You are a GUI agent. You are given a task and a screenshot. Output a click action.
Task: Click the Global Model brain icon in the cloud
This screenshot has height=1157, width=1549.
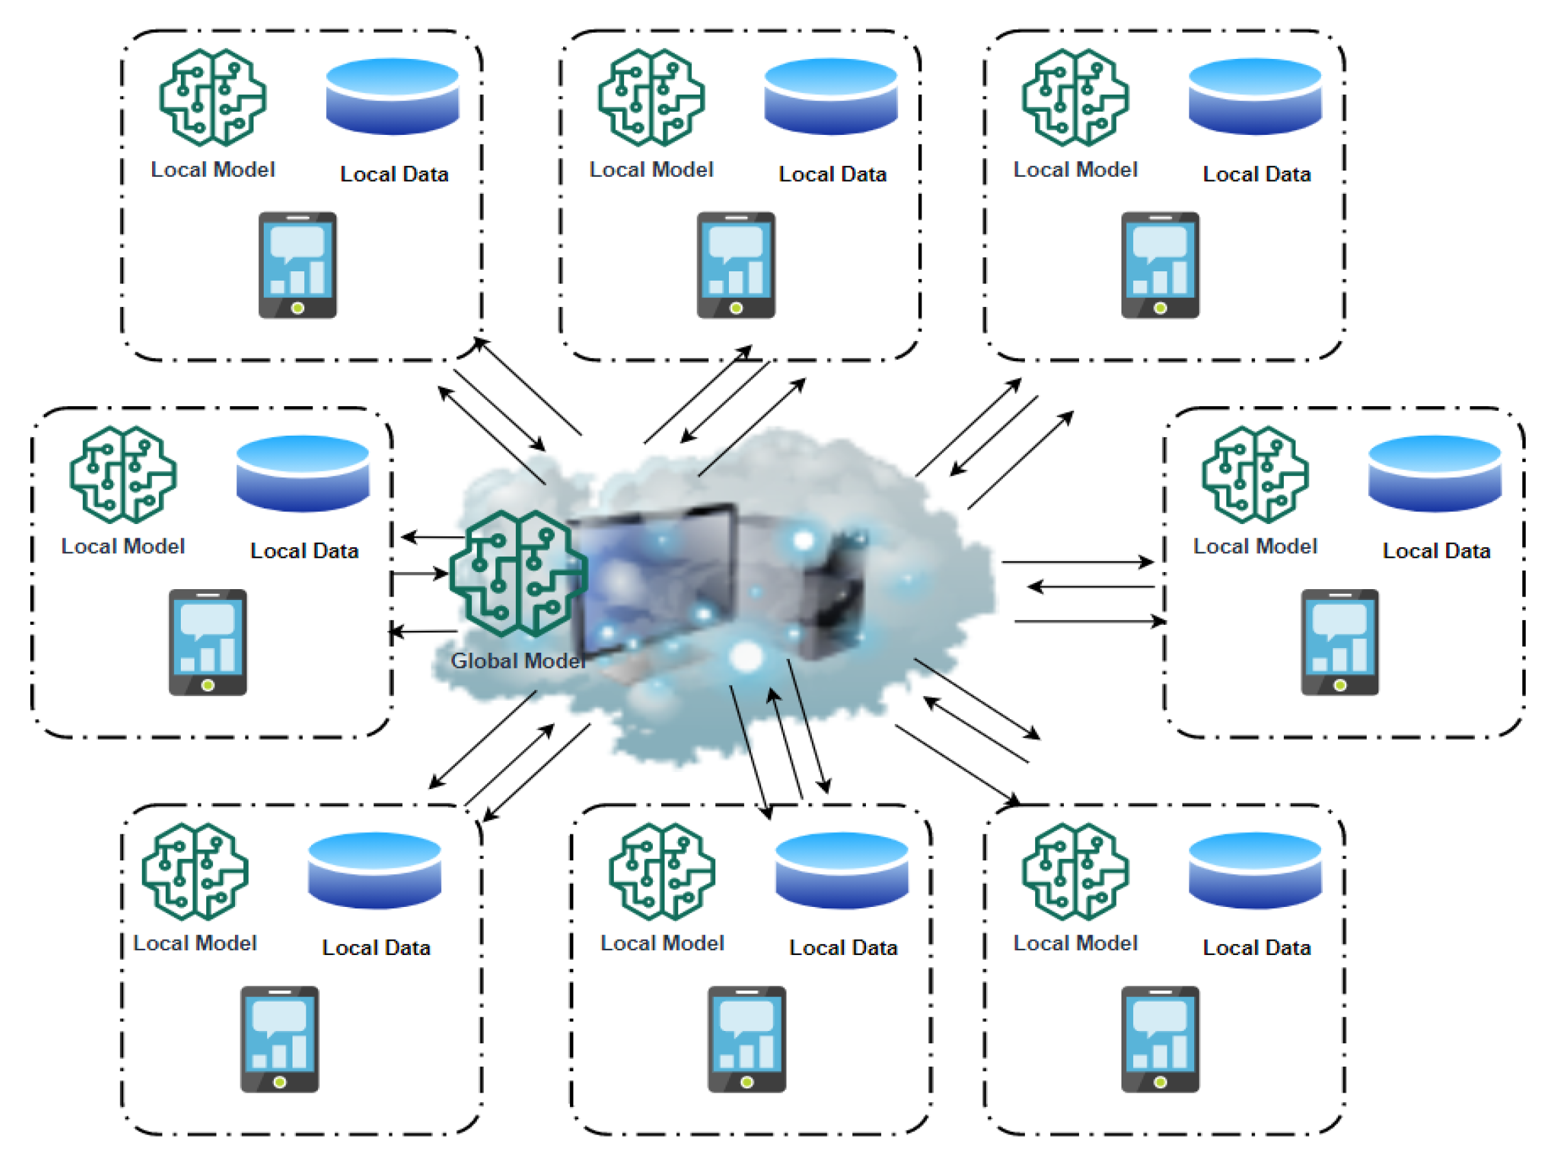click(518, 573)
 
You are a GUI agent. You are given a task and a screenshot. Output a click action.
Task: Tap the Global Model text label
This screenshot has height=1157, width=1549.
click(518, 660)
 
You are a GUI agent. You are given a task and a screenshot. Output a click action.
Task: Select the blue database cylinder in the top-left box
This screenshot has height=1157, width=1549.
click(393, 96)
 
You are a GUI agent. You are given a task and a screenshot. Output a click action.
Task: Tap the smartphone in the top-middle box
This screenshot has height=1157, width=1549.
click(736, 264)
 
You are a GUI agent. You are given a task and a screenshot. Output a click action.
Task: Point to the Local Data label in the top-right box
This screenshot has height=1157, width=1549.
click(1256, 174)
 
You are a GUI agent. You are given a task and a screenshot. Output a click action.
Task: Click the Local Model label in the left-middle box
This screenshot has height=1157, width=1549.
click(123, 546)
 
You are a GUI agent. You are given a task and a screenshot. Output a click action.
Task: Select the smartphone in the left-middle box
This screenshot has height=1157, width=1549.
click(208, 643)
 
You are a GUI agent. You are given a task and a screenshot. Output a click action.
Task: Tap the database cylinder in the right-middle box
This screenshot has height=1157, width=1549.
click(1435, 473)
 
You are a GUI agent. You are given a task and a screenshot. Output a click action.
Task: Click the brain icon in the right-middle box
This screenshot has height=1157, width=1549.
click(1255, 474)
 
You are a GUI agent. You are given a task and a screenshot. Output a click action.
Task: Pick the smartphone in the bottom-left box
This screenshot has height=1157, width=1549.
click(280, 1038)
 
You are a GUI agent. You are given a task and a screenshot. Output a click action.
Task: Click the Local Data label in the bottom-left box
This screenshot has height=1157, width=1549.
click(376, 947)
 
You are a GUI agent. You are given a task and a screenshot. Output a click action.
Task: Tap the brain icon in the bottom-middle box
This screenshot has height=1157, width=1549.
click(662, 871)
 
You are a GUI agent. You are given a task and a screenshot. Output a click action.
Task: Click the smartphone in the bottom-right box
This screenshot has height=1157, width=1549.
click(1160, 1038)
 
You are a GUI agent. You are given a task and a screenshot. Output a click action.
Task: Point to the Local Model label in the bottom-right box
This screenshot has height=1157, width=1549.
click(1075, 943)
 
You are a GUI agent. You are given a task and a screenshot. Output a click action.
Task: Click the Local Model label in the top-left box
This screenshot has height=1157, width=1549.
click(213, 169)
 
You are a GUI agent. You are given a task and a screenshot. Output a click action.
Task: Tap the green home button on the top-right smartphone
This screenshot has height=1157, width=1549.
click(1160, 308)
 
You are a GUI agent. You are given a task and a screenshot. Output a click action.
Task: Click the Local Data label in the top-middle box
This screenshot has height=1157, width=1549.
click(832, 174)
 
